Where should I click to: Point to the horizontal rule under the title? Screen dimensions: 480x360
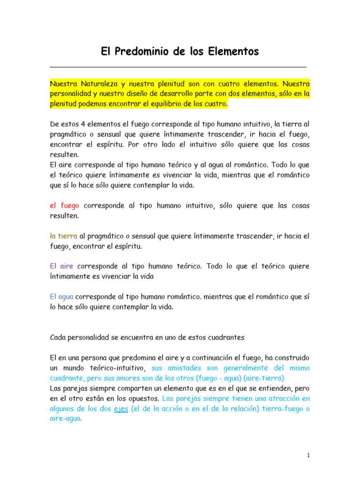178,67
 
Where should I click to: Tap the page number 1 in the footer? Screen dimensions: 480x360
308,455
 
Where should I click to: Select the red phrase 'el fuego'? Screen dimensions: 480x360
64,206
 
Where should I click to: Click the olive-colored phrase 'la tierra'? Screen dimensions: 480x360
64,236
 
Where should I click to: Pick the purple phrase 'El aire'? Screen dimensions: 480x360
61,266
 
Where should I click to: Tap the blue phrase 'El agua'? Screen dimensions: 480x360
62,297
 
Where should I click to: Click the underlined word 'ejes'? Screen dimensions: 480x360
121,409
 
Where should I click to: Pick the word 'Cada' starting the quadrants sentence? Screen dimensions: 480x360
57,337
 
